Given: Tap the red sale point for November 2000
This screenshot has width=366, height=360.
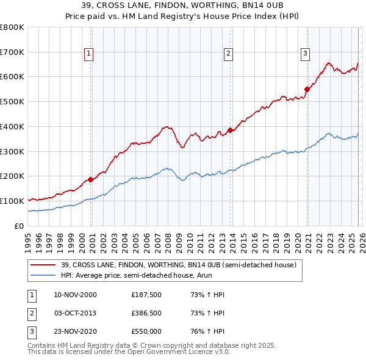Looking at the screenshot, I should (90, 179).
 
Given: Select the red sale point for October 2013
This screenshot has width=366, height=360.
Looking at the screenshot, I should (230, 129).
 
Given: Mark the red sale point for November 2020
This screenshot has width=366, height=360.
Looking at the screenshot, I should (307, 89).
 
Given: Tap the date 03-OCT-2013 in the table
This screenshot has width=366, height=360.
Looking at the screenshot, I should (76, 313).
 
